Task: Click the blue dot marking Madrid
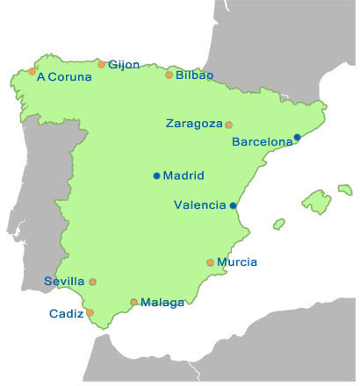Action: click(156, 175)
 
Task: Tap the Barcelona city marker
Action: click(297, 137)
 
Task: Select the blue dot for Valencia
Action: click(233, 205)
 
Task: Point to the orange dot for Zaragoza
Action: click(229, 125)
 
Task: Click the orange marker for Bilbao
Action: click(169, 75)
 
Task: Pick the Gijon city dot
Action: click(102, 64)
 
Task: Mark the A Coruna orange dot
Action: click(32, 71)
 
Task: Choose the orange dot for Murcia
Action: click(210, 262)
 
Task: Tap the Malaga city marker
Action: click(133, 303)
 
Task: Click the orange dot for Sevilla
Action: click(93, 282)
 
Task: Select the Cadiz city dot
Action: click(90, 312)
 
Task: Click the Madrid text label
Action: click(184, 175)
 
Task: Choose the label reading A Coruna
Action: click(65, 76)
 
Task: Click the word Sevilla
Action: click(64, 282)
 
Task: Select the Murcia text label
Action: click(238, 262)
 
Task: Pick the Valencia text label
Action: click(200, 205)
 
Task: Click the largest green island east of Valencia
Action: click(317, 201)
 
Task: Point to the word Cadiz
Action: click(66, 313)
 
